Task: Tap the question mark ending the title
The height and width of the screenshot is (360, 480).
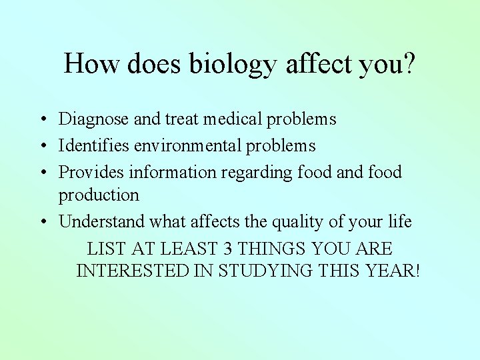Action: click(x=408, y=63)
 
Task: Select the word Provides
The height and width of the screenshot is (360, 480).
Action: click(x=91, y=172)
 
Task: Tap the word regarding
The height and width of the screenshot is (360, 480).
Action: click(x=256, y=173)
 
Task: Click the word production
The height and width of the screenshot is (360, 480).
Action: click(x=99, y=195)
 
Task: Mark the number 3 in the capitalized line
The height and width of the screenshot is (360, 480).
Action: click(x=228, y=249)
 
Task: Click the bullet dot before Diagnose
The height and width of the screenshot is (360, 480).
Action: click(x=42, y=120)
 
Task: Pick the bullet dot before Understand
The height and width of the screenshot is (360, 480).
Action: click(x=42, y=222)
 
